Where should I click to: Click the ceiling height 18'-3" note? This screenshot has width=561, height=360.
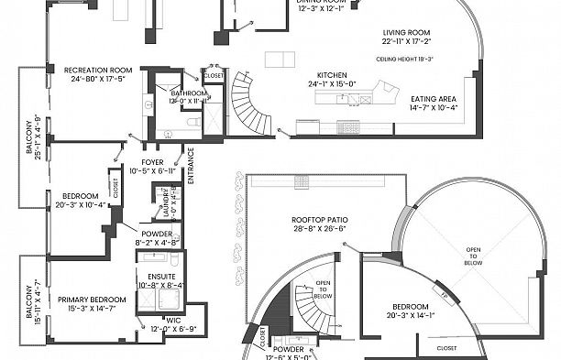404,59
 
